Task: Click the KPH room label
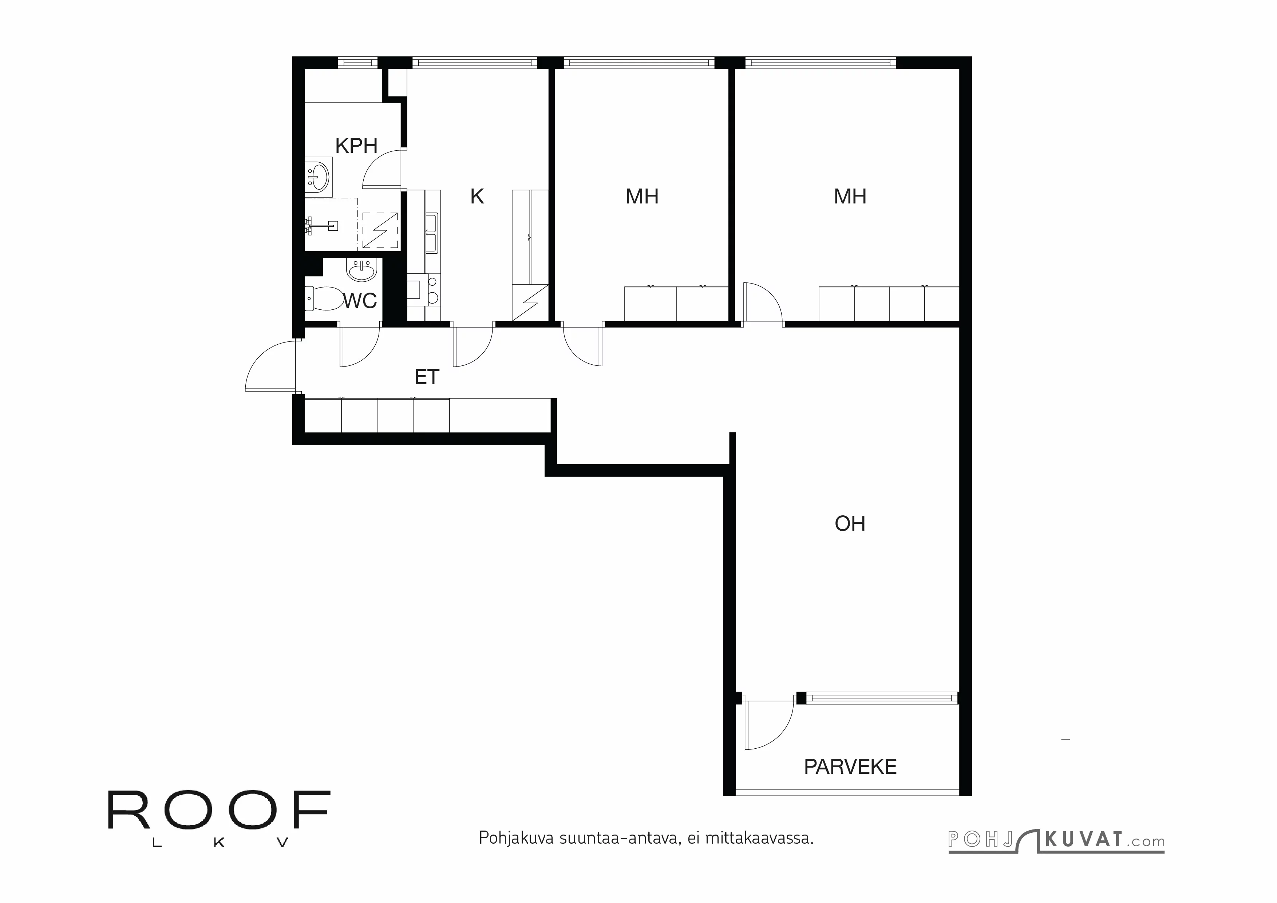coord(356,146)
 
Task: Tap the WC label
coord(360,301)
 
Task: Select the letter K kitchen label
coord(477,196)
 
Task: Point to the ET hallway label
coord(427,377)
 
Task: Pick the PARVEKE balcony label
coord(850,767)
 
